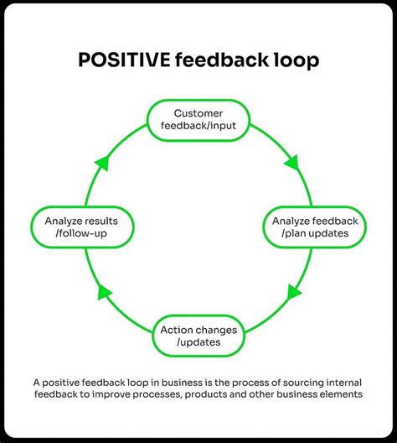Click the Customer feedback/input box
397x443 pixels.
(198, 119)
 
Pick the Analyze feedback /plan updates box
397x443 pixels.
(314, 227)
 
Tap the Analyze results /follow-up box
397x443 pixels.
(81, 227)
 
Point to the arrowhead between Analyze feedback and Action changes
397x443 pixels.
(294, 294)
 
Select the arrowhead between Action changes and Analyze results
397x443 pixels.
(103, 292)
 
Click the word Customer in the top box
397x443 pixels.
(198, 112)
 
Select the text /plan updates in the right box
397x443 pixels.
(314, 233)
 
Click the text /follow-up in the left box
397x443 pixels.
(81, 233)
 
